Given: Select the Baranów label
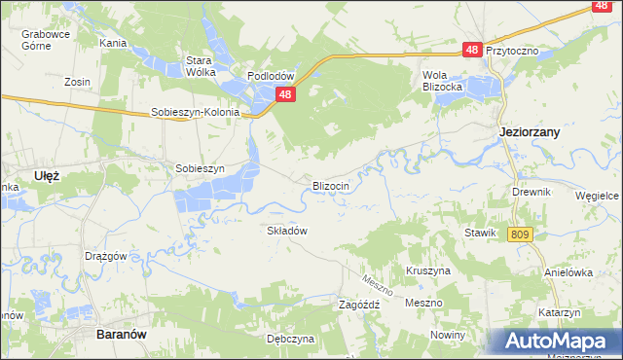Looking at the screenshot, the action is tap(122, 333).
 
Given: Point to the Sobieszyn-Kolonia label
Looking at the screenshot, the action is tap(195, 112).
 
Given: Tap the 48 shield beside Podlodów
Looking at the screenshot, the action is tap(284, 94).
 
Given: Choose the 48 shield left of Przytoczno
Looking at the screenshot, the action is tap(472, 49).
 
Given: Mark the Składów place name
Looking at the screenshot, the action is tap(287, 231).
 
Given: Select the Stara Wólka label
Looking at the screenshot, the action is tap(200, 65).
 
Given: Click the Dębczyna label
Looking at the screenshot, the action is tap(290, 339).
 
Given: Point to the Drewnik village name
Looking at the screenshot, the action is tap(531, 192).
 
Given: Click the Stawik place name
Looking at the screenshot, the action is tap(481, 234).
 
